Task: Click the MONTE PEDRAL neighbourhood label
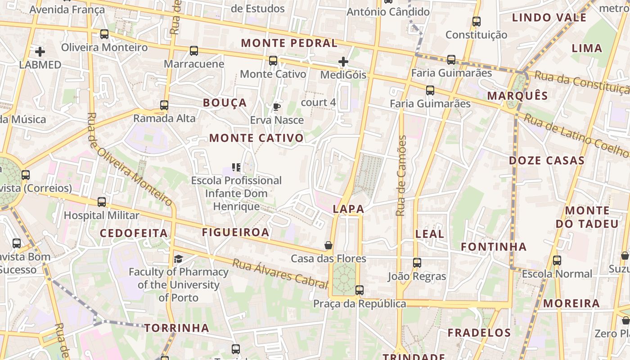pyautogui.click(x=289, y=43)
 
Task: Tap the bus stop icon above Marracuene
pyautogui.click(x=194, y=51)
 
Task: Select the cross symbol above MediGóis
pyautogui.click(x=343, y=62)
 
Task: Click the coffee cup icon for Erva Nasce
pyautogui.click(x=277, y=107)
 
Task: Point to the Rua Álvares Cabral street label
pyautogui.click(x=279, y=273)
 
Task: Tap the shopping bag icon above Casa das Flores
pyautogui.click(x=328, y=245)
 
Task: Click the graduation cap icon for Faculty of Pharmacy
pyautogui.click(x=179, y=259)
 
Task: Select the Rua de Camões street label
pyautogui.click(x=401, y=175)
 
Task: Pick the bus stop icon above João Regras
pyautogui.click(x=417, y=263)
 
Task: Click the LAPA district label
pyautogui.click(x=348, y=209)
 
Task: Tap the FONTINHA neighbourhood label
pyautogui.click(x=494, y=247)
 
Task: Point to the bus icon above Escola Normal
pyautogui.click(x=557, y=260)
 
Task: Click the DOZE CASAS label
pyautogui.click(x=547, y=161)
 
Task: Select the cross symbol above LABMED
pyautogui.click(x=40, y=52)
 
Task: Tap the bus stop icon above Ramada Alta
pyautogui.click(x=164, y=105)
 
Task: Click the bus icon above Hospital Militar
pyautogui.click(x=102, y=202)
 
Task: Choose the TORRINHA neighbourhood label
pyautogui.click(x=177, y=328)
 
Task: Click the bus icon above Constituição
pyautogui.click(x=476, y=21)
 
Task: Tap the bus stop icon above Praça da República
pyautogui.click(x=359, y=290)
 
